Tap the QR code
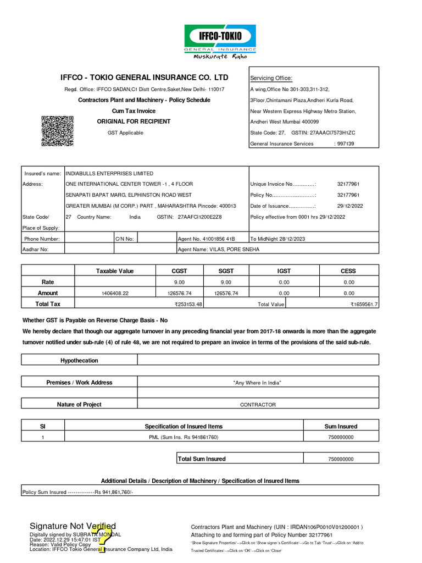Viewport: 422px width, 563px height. click(x=58, y=131)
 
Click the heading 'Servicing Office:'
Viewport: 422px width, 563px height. click(x=271, y=78)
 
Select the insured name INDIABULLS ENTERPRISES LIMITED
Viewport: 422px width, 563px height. click(x=109, y=173)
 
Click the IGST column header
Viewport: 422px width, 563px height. click(x=284, y=271)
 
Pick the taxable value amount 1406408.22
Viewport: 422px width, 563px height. click(x=114, y=294)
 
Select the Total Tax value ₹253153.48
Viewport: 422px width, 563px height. click(x=188, y=304)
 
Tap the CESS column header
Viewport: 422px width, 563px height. click(x=348, y=271)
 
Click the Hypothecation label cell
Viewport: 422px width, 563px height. click(x=79, y=361)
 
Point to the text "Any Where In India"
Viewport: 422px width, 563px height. click(x=258, y=383)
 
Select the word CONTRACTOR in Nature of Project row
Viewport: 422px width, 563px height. click(x=258, y=405)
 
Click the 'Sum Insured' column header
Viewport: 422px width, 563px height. click(x=341, y=426)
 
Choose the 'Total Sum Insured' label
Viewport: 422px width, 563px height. click(x=202, y=459)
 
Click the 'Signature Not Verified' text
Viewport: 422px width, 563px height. click(x=73, y=526)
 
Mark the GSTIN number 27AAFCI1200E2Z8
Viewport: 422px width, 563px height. click(x=199, y=217)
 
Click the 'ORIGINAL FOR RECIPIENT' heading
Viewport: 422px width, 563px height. click(x=134, y=122)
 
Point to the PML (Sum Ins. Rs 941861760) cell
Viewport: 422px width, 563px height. click(x=184, y=437)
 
